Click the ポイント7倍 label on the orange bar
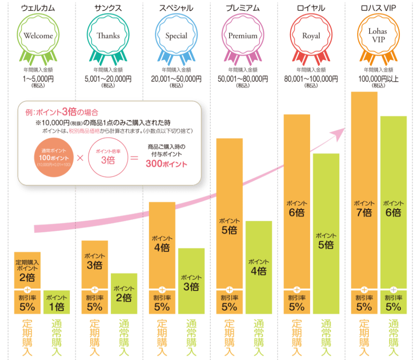click(x=364, y=209)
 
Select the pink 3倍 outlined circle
click(x=107, y=158)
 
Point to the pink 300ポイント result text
click(x=166, y=164)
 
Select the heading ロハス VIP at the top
click(x=378, y=8)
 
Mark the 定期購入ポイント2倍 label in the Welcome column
click(x=27, y=271)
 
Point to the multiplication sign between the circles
click(x=80, y=158)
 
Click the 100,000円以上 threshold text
click(x=378, y=79)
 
